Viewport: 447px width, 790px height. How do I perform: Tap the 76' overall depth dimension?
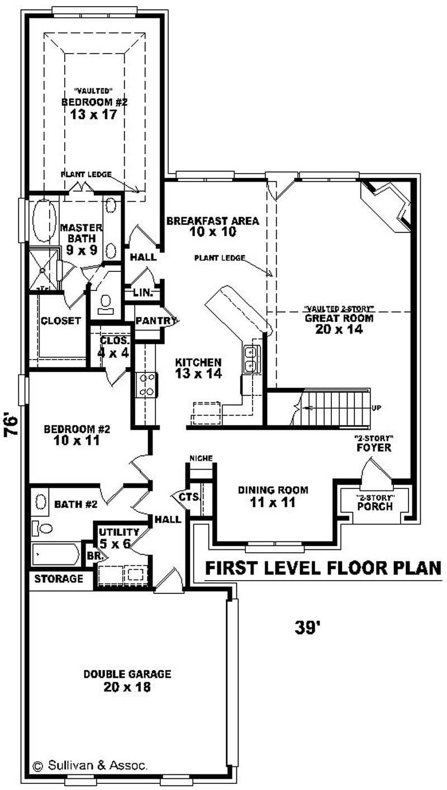click(x=12, y=427)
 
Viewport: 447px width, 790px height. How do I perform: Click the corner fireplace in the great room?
click(x=389, y=205)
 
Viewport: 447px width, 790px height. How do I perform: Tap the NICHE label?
click(x=201, y=458)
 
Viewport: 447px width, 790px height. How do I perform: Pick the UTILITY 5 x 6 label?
click(x=118, y=537)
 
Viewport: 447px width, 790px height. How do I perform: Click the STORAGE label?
click(x=59, y=578)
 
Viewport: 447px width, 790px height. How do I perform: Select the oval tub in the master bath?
click(x=44, y=221)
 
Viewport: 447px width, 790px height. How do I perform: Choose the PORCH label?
click(x=375, y=507)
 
